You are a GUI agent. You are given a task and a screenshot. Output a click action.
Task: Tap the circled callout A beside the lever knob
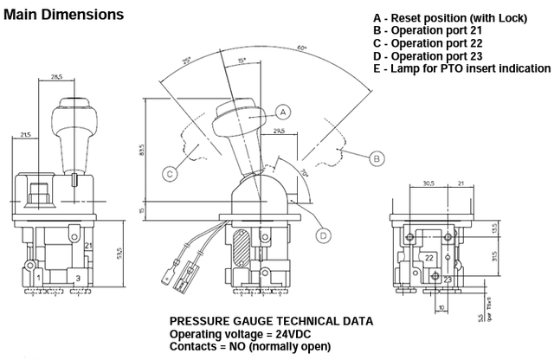282,111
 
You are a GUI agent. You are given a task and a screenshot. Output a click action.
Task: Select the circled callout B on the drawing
377,158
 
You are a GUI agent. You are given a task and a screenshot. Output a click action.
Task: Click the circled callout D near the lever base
322,234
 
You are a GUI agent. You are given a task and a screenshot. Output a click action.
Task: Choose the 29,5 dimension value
279,132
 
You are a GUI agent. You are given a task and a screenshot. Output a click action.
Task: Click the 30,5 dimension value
428,183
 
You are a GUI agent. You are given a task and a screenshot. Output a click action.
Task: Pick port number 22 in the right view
429,259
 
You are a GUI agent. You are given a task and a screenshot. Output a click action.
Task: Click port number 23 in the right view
448,280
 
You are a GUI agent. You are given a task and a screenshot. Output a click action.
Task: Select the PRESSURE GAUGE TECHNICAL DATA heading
272,320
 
